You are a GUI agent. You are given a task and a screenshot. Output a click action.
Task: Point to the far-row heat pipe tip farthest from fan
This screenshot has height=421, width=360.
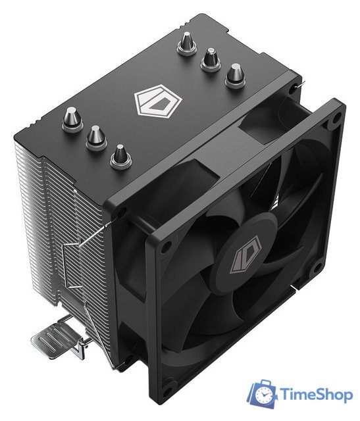pyautogui.click(x=186, y=44)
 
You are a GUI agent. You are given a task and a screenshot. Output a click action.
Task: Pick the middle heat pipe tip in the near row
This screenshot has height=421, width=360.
pyautogui.click(x=96, y=136)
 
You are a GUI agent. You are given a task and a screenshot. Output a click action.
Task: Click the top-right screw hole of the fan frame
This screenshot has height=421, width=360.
pyautogui.click(x=336, y=118)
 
